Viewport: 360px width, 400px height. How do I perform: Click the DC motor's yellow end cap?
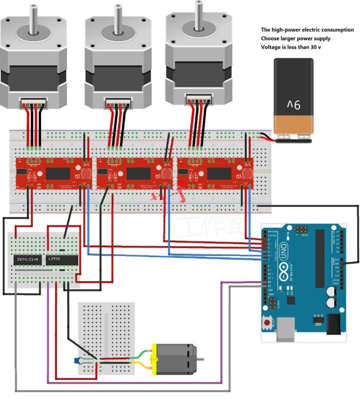[x=154, y=358]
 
